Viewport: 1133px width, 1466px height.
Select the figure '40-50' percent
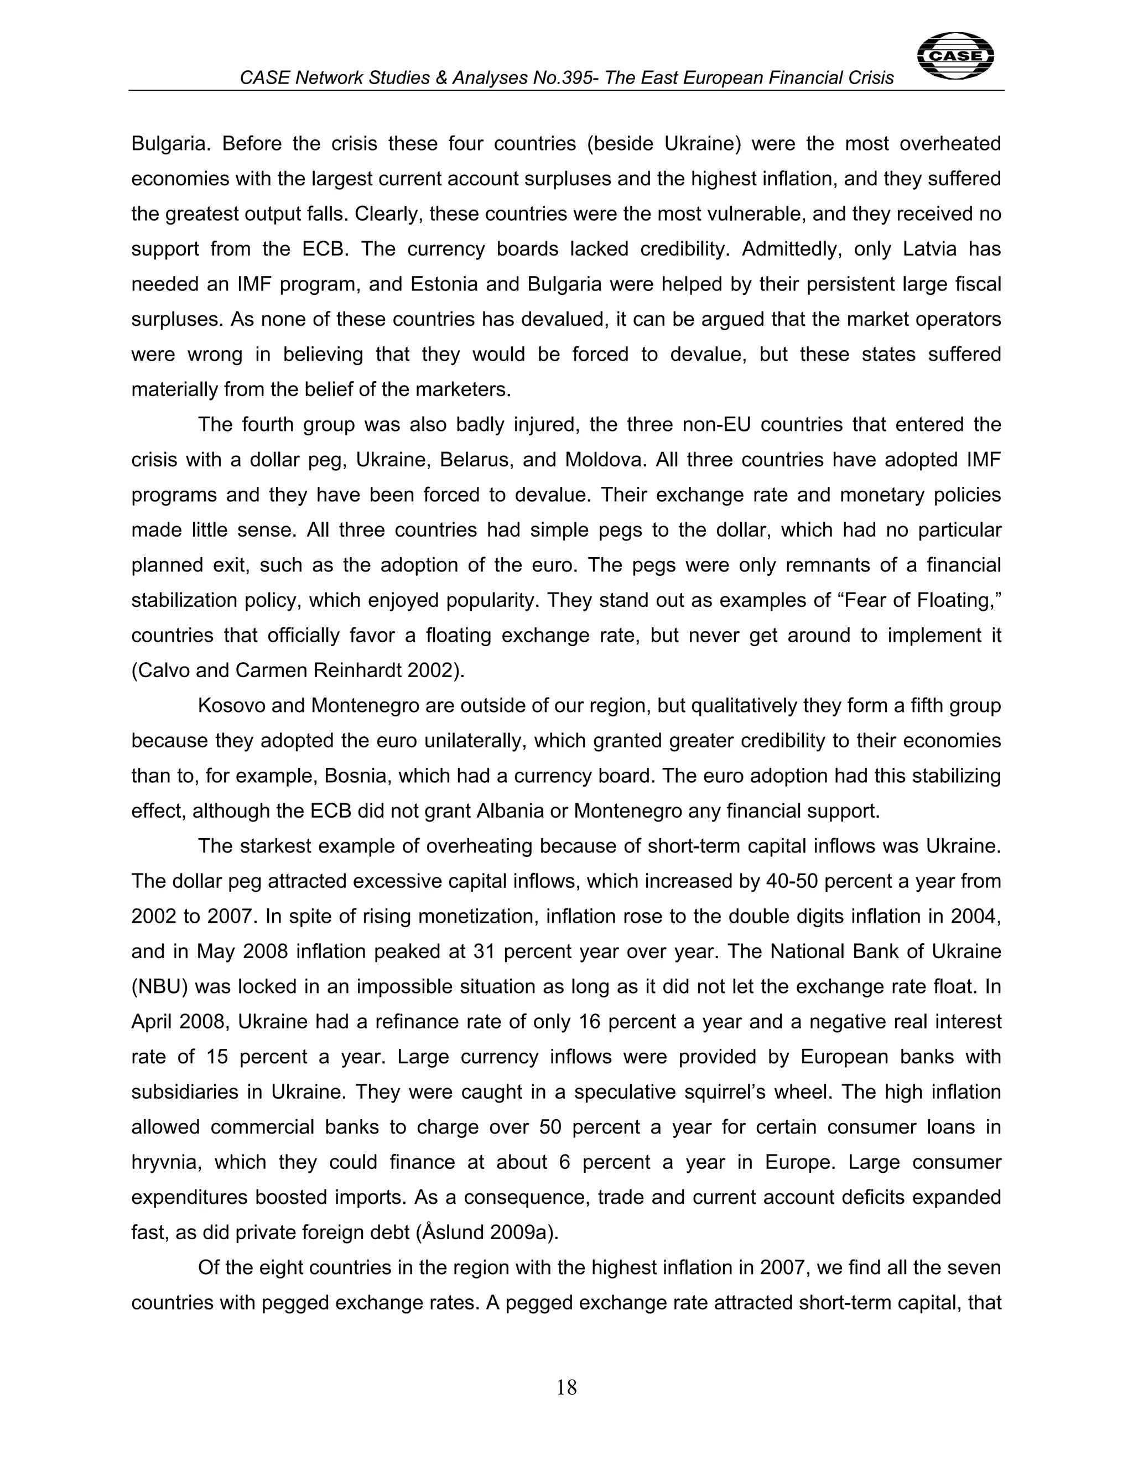click(x=791, y=881)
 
